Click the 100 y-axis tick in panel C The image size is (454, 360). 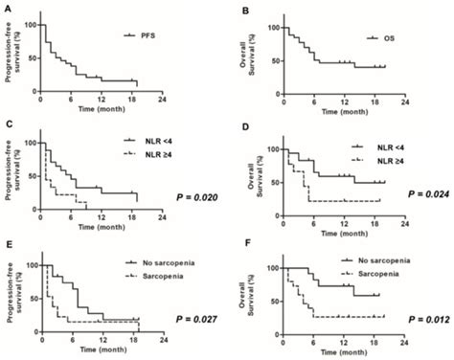click(30, 142)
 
